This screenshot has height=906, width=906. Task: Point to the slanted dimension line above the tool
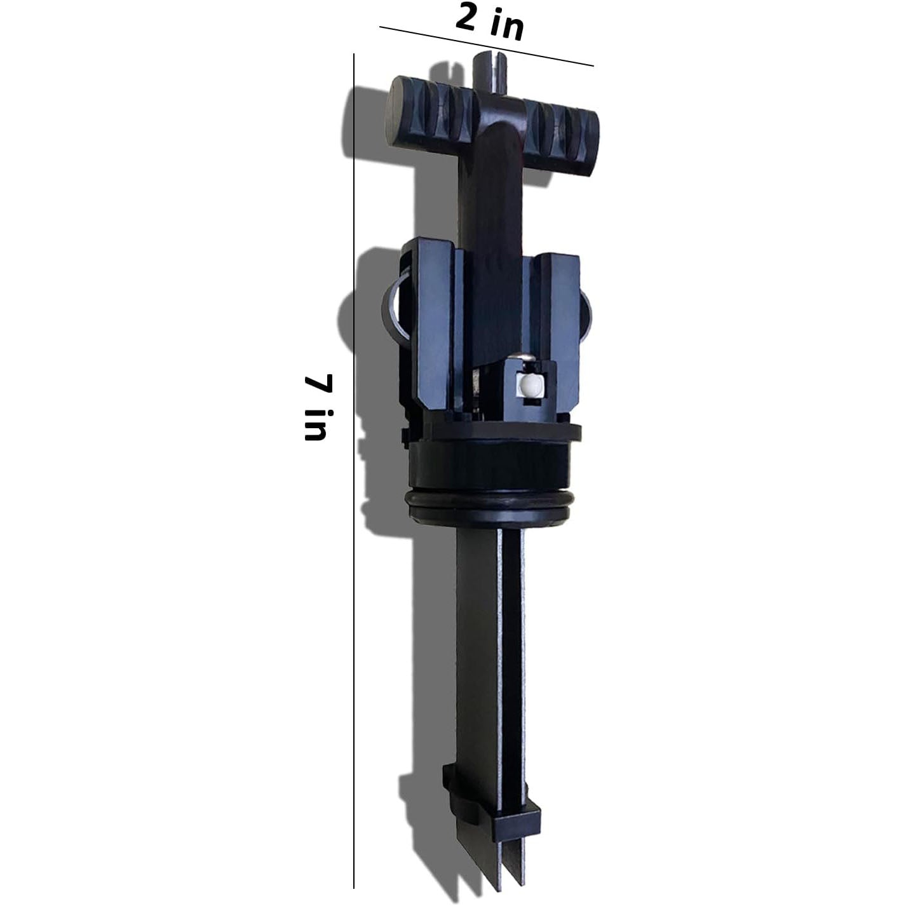pyautogui.click(x=486, y=46)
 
